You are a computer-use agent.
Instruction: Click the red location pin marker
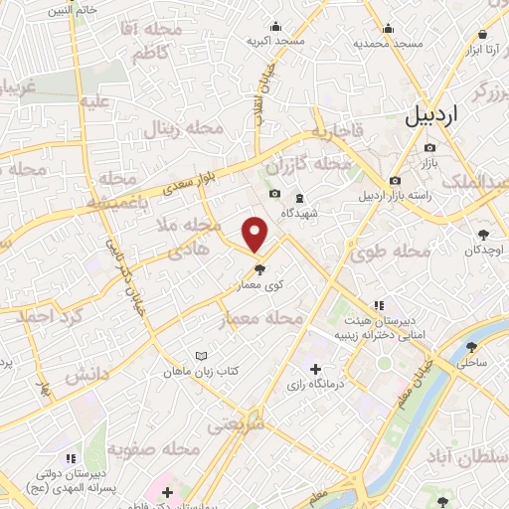click(x=256, y=235)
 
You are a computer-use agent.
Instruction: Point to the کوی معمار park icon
click(x=260, y=268)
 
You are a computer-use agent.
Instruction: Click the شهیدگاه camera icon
click(x=274, y=194)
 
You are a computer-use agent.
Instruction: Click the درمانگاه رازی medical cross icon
click(x=316, y=370)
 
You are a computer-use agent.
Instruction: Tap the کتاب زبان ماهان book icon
click(x=203, y=355)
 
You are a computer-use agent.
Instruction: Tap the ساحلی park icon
click(x=471, y=348)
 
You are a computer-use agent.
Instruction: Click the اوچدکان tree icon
click(x=484, y=235)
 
